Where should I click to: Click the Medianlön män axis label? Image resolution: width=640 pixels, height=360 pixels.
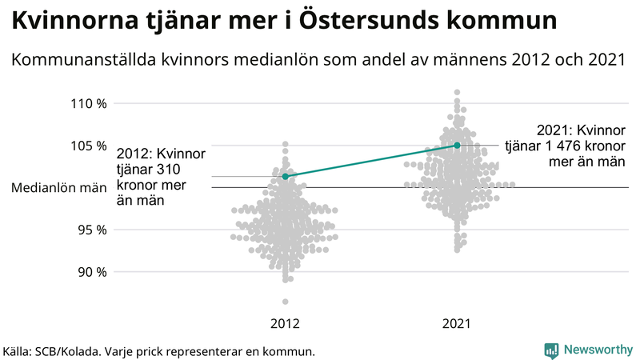[60, 188]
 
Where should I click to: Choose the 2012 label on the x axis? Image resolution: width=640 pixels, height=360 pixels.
[286, 324]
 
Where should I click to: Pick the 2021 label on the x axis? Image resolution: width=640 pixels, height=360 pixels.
[457, 324]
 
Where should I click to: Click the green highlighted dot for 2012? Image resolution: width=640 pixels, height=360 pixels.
[286, 176]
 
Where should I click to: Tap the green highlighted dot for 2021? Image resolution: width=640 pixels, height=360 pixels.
[457, 145]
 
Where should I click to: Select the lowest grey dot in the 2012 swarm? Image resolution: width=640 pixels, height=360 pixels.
[286, 302]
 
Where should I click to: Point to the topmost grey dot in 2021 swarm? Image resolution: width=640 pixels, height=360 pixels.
[457, 93]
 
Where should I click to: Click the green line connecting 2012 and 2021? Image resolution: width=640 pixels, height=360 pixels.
[371, 160]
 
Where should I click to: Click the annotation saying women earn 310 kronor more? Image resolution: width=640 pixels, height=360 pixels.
[162, 177]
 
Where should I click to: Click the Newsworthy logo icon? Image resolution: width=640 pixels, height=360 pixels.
[551, 350]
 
